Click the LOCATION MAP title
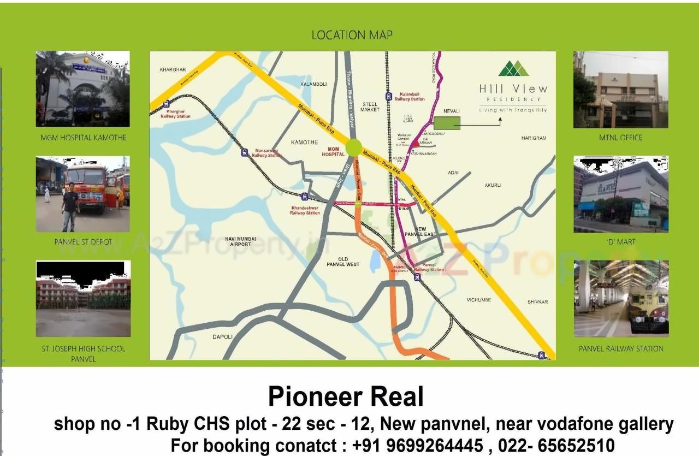click(352, 35)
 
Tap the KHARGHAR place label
click(173, 69)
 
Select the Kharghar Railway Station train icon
click(166, 103)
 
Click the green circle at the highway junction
click(353, 147)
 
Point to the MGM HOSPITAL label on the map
click(333, 151)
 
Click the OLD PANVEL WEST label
click(343, 262)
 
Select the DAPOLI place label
click(222, 336)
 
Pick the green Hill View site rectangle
click(447, 123)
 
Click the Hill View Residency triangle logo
click(513, 68)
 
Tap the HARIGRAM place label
click(534, 138)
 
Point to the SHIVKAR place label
click(537, 302)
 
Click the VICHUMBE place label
click(479, 300)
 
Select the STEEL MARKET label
click(370, 106)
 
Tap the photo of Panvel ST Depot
click(82, 194)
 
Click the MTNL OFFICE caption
click(620, 138)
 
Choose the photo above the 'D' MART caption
click(621, 194)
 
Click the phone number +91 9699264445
click(418, 445)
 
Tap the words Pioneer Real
click(346, 397)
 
